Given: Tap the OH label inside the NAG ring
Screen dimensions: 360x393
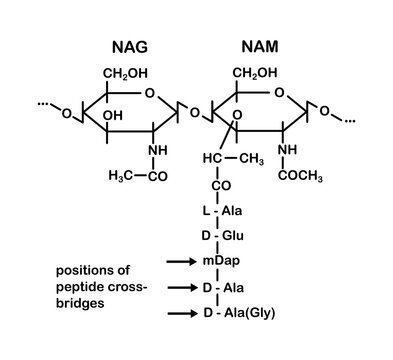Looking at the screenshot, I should pos(114,116).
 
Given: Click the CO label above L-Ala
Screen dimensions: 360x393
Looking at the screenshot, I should pos(220,186).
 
